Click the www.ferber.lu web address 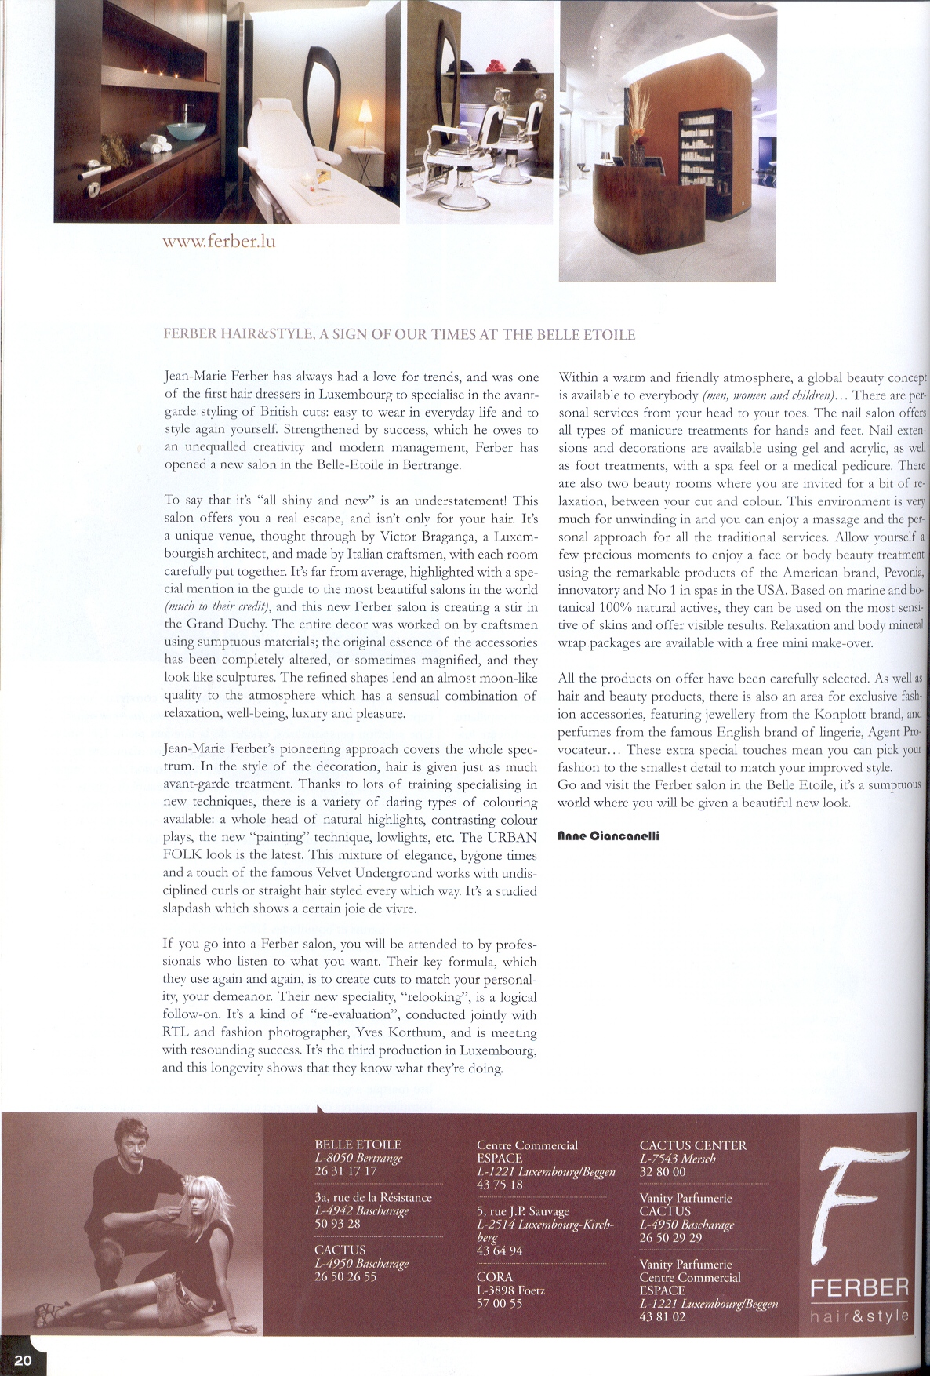coord(219,241)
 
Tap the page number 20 coord(23,1360)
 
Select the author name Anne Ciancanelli coord(608,836)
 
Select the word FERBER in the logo coord(859,1288)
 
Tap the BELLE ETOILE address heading coord(358,1145)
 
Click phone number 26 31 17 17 coord(346,1170)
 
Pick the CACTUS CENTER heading coord(692,1145)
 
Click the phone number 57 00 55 coord(500,1303)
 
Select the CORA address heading coord(494,1277)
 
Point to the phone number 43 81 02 coord(662,1316)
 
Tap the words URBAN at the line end coord(513,837)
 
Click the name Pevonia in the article coord(903,573)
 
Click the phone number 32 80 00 coord(663,1171)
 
